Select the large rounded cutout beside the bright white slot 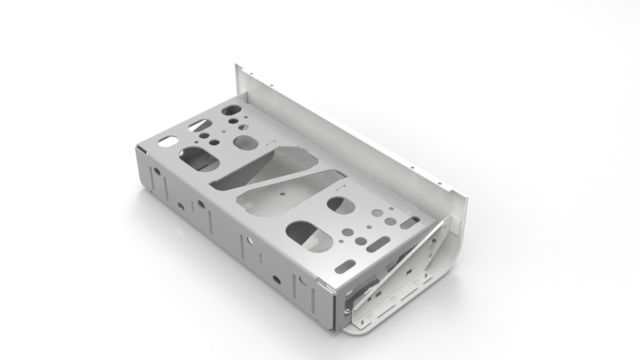coord(199,159)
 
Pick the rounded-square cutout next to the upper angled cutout coord(245,142)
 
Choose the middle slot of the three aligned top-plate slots coord(379,244)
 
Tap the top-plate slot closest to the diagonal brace coord(411,222)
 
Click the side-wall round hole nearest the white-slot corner coord(157,171)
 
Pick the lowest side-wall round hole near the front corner coord(275,279)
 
